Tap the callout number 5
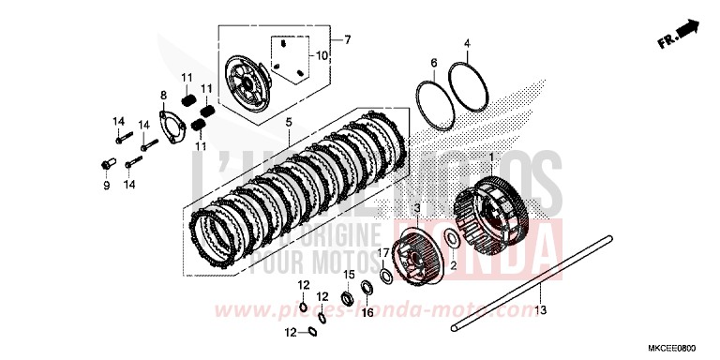click(x=288, y=122)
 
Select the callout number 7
click(x=347, y=40)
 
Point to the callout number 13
click(x=541, y=307)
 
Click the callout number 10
click(x=321, y=56)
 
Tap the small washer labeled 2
click(x=451, y=239)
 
